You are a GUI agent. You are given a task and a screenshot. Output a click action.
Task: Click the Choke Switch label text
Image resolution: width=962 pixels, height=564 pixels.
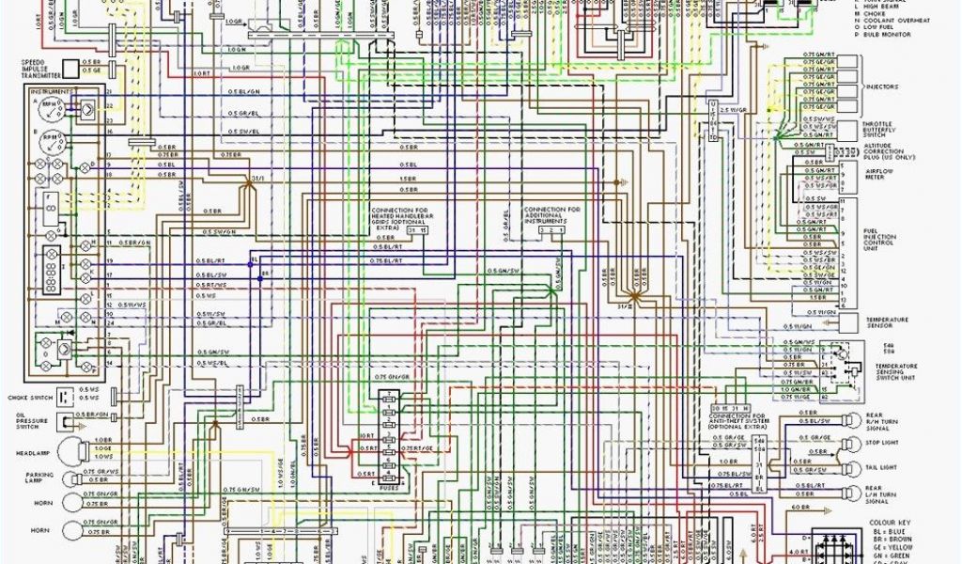(x=30, y=397)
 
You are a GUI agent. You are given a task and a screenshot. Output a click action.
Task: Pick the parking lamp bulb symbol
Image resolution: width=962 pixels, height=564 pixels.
(x=70, y=478)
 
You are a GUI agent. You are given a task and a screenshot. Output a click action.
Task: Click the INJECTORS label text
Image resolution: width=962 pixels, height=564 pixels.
(x=881, y=87)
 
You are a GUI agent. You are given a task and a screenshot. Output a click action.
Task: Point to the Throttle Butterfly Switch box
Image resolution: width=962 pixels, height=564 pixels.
(x=848, y=128)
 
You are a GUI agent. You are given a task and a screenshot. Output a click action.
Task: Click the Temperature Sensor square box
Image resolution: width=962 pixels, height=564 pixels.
(x=848, y=321)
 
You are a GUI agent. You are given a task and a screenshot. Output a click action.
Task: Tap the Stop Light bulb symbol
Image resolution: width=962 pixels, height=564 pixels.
(x=848, y=443)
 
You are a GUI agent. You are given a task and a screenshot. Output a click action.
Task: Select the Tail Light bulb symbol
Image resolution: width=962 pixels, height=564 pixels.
(x=848, y=467)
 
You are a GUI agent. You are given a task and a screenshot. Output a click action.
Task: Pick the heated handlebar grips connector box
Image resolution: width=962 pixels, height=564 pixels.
(x=417, y=230)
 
